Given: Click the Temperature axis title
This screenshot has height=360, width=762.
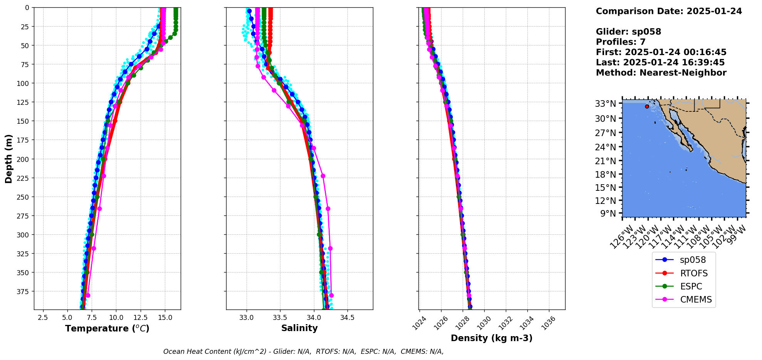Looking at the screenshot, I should point(107,328).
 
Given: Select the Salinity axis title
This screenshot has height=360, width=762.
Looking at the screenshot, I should point(299,328).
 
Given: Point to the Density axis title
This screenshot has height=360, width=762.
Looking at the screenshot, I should point(492,338).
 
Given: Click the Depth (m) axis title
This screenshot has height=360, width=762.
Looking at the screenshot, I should point(8,158).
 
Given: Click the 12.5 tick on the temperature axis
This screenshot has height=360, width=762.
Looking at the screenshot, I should point(141,318).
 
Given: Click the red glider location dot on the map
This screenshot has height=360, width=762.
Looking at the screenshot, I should point(647,106).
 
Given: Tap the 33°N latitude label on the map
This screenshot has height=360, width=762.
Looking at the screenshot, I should point(606,104).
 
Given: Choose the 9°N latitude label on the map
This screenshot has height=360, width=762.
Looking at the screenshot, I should point(608,214).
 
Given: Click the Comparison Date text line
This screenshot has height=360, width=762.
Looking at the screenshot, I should point(669,11).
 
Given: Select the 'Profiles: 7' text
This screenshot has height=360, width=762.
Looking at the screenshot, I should point(621,42).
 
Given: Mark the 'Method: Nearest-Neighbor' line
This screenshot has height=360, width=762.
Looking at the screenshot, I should point(661,73).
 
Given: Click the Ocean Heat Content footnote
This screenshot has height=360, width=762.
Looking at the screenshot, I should point(303,352).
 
